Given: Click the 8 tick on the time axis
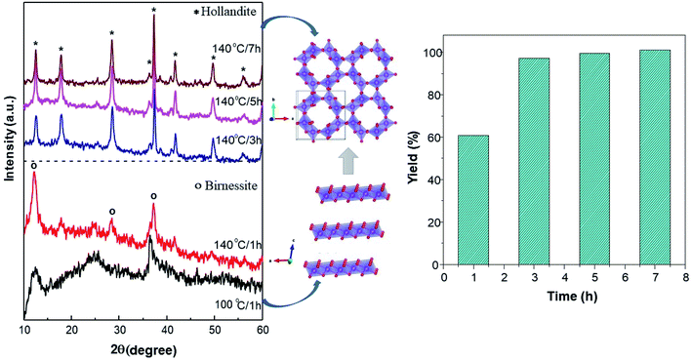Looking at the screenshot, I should click(x=682, y=276).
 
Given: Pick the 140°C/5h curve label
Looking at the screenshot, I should click(x=235, y=99).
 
